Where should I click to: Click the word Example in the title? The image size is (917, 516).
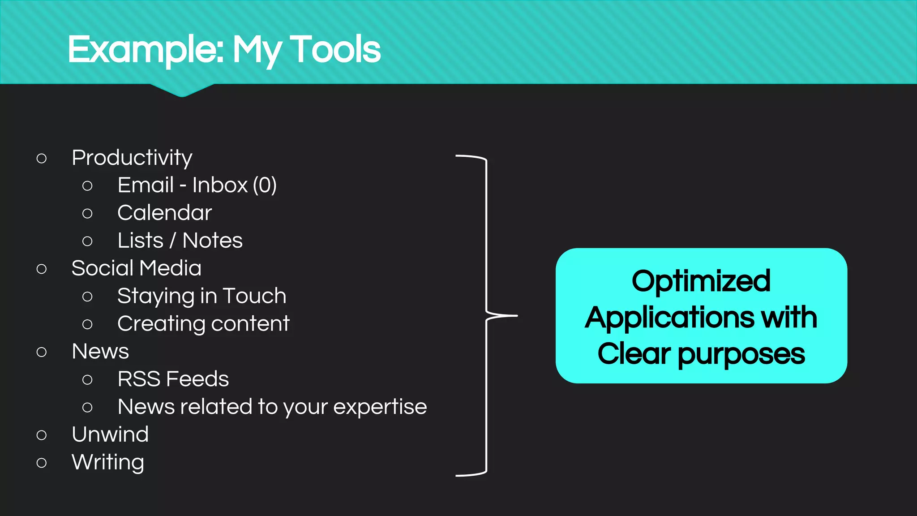pyautogui.click(x=146, y=50)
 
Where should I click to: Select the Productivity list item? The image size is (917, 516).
pyautogui.click(x=132, y=158)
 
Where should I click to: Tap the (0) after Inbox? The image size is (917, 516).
pyautogui.click(x=265, y=185)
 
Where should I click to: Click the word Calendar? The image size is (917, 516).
pyautogui.click(x=164, y=213)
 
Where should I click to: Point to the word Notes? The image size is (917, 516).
pyautogui.click(x=212, y=241)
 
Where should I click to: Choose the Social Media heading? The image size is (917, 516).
pyautogui.click(x=136, y=268)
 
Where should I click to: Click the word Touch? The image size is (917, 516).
pyautogui.click(x=254, y=296)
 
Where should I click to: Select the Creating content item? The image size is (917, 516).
pyautogui.click(x=203, y=324)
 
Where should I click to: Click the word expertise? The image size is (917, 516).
pyautogui.click(x=380, y=407)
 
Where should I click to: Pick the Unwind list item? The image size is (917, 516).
pyautogui.click(x=110, y=434)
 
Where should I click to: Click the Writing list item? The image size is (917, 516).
pyautogui.click(x=108, y=462)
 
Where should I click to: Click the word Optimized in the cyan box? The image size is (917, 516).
pyautogui.click(x=701, y=281)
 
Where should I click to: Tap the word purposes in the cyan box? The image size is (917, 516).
pyautogui.click(x=741, y=354)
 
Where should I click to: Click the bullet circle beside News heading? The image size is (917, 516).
pyautogui.click(x=42, y=352)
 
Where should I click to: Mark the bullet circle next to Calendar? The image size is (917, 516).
pyautogui.click(x=87, y=214)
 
